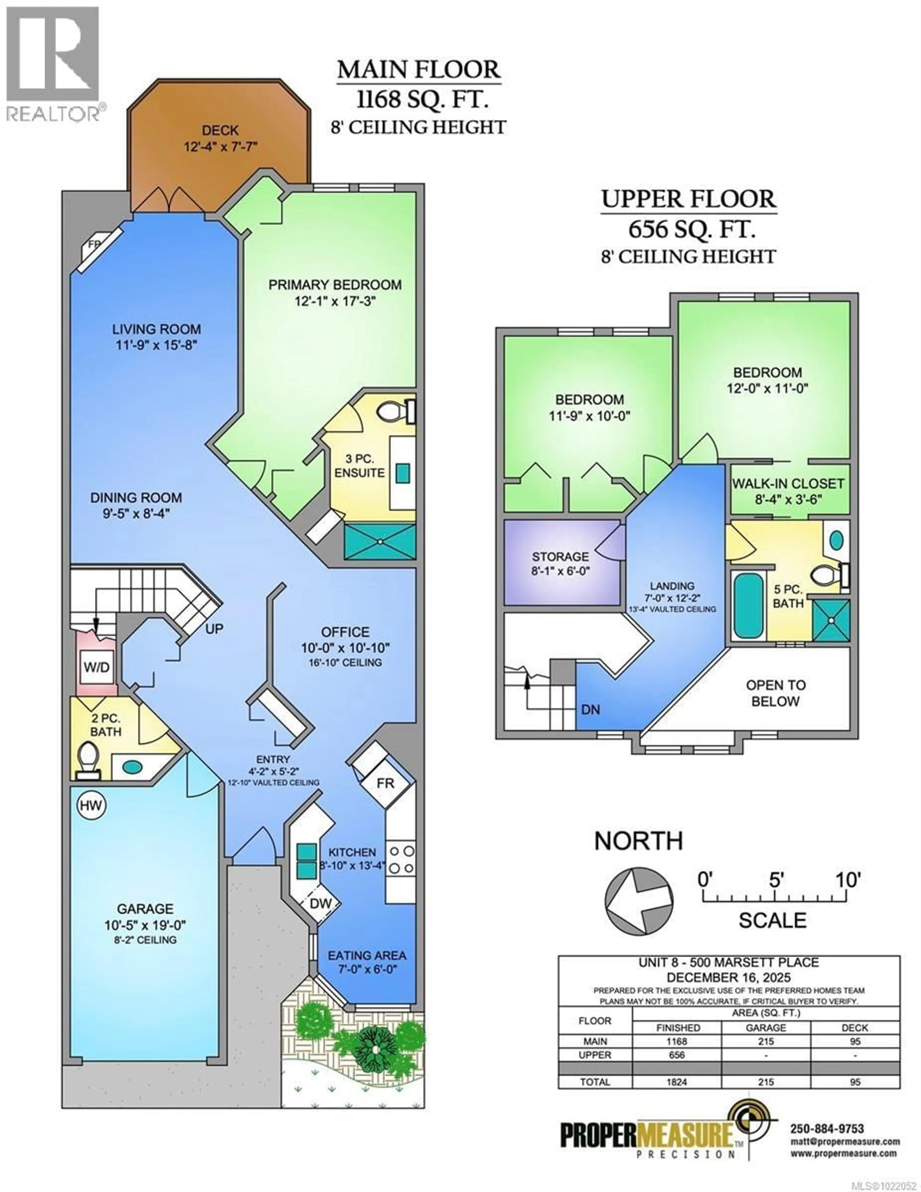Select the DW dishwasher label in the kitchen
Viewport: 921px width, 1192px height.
pyautogui.click(x=320, y=903)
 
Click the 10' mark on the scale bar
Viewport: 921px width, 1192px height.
pyautogui.click(x=848, y=880)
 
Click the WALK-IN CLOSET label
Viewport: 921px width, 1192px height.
pyautogui.click(x=788, y=484)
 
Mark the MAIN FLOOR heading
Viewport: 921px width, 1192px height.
pyautogui.click(x=418, y=70)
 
